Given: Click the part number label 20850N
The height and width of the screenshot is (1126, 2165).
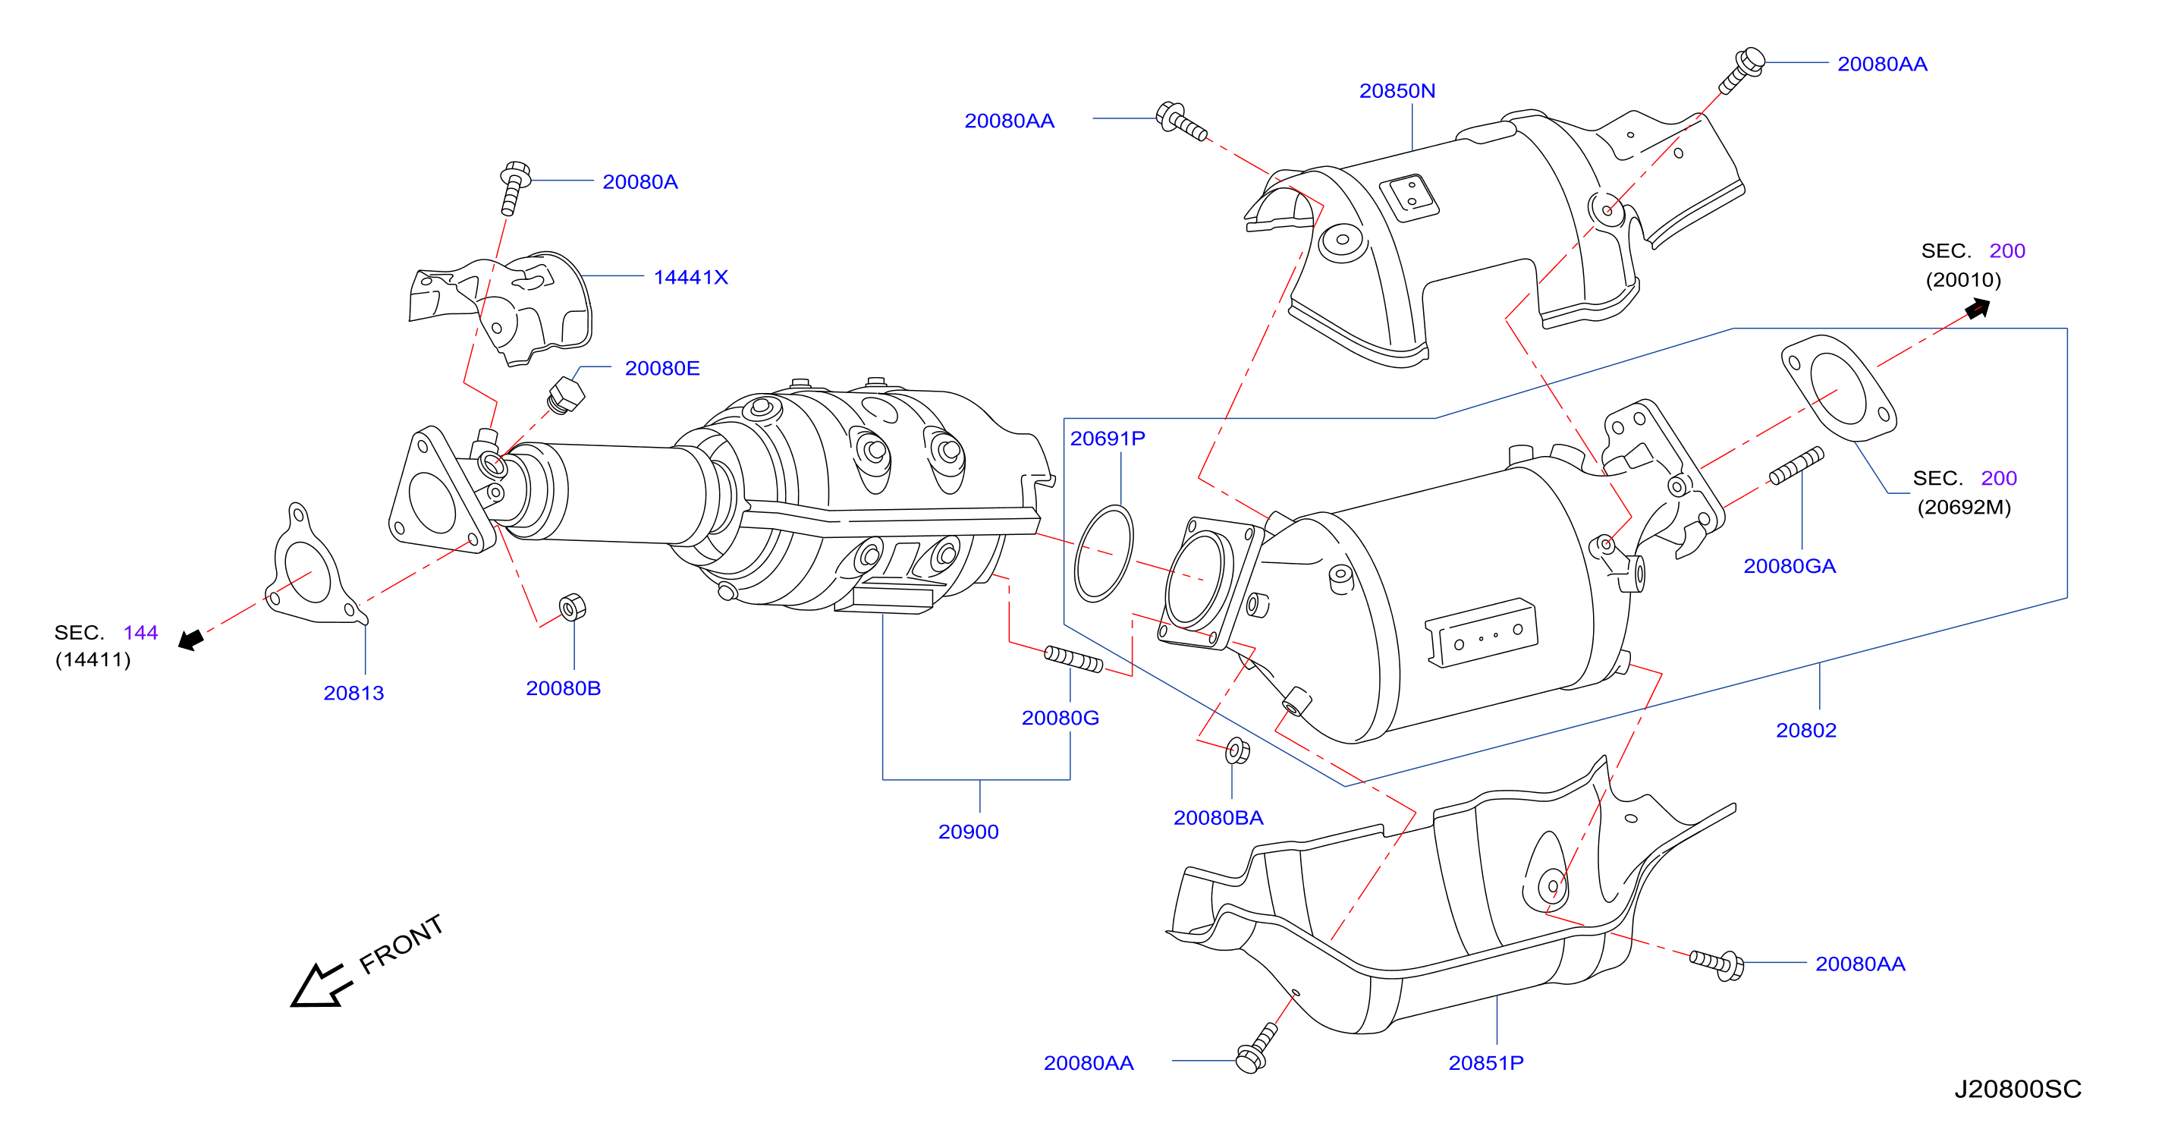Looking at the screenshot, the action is (x=1397, y=91).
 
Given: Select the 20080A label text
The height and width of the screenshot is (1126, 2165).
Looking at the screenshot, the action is (x=639, y=181).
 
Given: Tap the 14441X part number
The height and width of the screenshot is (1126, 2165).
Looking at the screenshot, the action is (x=691, y=278).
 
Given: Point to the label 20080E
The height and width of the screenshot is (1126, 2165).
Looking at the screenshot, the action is (x=662, y=368).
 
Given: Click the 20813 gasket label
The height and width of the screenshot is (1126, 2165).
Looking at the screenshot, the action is (x=354, y=693).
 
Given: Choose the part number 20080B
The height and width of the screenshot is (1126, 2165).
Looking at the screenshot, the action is (x=563, y=688).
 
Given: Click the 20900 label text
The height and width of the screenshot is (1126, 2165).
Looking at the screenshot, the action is (x=968, y=832).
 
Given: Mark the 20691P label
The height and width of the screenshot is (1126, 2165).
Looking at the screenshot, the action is (x=1108, y=438).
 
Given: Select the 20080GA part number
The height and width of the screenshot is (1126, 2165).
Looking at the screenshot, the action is (x=1790, y=566).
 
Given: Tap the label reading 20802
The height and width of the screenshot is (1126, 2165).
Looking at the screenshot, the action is (x=1806, y=730).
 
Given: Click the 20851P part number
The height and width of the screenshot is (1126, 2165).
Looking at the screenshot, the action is (x=1486, y=1063).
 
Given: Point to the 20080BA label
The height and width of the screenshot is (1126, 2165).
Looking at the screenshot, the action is (x=1218, y=817).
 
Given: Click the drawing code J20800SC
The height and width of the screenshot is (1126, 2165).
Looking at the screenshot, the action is (x=2017, y=1089).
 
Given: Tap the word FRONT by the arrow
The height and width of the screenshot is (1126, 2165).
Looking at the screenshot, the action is (x=401, y=944).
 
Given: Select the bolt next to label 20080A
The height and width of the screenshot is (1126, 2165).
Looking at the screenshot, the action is (x=514, y=187).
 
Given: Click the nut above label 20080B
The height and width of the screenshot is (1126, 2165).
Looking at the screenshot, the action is (x=572, y=606).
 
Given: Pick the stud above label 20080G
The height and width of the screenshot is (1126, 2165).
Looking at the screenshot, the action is (x=1073, y=659).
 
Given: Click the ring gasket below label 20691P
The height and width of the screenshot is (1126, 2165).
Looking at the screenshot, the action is (x=1104, y=553).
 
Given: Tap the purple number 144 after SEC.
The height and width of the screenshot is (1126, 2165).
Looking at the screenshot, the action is (x=140, y=632).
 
